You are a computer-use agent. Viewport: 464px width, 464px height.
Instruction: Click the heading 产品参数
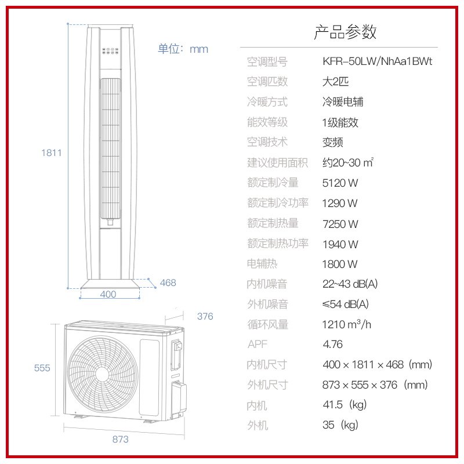click(345, 32)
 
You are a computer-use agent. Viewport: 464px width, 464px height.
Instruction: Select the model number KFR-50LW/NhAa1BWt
click(378, 61)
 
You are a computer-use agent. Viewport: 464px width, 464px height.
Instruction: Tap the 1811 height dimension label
click(51, 153)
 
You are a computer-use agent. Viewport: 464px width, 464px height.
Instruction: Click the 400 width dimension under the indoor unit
click(108, 294)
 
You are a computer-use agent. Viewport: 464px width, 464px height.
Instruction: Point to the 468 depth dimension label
click(168, 282)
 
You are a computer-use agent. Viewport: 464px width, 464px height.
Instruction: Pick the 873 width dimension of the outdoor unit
click(120, 439)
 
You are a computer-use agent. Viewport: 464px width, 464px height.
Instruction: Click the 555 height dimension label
click(42, 368)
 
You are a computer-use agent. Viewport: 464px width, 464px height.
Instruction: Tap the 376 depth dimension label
click(205, 316)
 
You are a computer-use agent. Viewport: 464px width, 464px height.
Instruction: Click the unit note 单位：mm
click(183, 49)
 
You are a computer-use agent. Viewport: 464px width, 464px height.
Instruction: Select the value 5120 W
click(340, 183)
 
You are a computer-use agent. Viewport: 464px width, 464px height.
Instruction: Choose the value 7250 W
click(340, 224)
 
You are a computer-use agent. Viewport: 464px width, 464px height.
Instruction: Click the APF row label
click(258, 345)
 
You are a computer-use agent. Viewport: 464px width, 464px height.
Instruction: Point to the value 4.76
click(332, 345)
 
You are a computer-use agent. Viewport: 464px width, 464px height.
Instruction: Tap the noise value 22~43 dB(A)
click(350, 284)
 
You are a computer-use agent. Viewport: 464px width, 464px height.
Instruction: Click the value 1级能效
click(340, 122)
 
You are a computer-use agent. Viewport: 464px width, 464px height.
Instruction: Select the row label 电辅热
click(262, 264)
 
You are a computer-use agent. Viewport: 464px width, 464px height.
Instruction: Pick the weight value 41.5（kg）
click(345, 405)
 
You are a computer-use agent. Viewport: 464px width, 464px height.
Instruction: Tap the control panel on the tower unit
click(110, 50)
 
